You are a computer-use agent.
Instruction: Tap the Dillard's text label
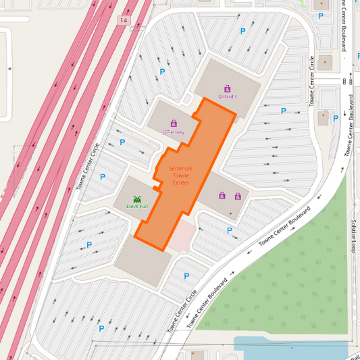(x=228, y=97)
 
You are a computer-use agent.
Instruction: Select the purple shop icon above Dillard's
(x=227, y=88)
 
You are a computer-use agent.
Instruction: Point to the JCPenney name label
(x=174, y=132)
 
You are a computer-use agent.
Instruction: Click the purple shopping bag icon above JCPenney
(x=174, y=124)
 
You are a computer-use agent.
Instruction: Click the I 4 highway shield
(x=123, y=20)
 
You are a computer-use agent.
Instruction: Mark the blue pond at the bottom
(x=290, y=349)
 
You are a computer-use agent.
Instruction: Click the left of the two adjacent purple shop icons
(x=222, y=196)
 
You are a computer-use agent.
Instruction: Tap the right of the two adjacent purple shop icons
(x=237, y=196)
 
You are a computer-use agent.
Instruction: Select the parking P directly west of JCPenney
(x=122, y=143)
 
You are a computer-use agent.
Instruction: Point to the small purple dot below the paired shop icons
(x=230, y=213)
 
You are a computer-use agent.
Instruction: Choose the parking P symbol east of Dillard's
(x=284, y=111)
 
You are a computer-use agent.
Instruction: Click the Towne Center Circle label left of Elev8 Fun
(x=88, y=165)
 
